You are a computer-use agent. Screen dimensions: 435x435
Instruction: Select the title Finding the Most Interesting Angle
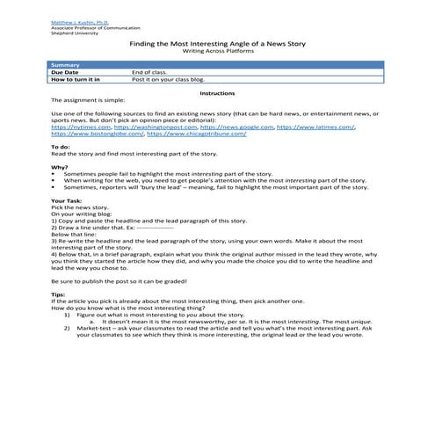click(217, 42)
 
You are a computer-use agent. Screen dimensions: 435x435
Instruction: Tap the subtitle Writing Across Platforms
click(217, 51)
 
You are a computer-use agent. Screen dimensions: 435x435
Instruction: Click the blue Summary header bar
click(217, 65)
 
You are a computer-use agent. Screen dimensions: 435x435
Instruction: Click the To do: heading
click(61, 147)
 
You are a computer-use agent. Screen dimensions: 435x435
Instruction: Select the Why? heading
click(59, 167)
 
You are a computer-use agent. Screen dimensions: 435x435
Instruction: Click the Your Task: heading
click(66, 201)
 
